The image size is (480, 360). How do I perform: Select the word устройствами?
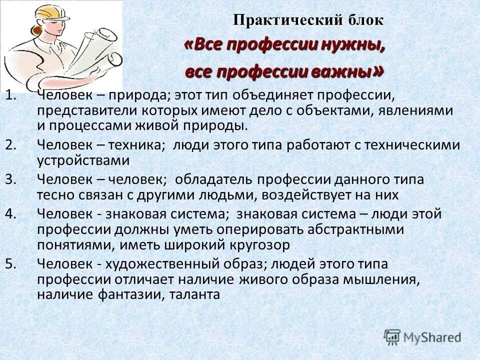click(x=83, y=160)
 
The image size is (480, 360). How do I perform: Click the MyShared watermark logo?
click(x=422, y=337)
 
